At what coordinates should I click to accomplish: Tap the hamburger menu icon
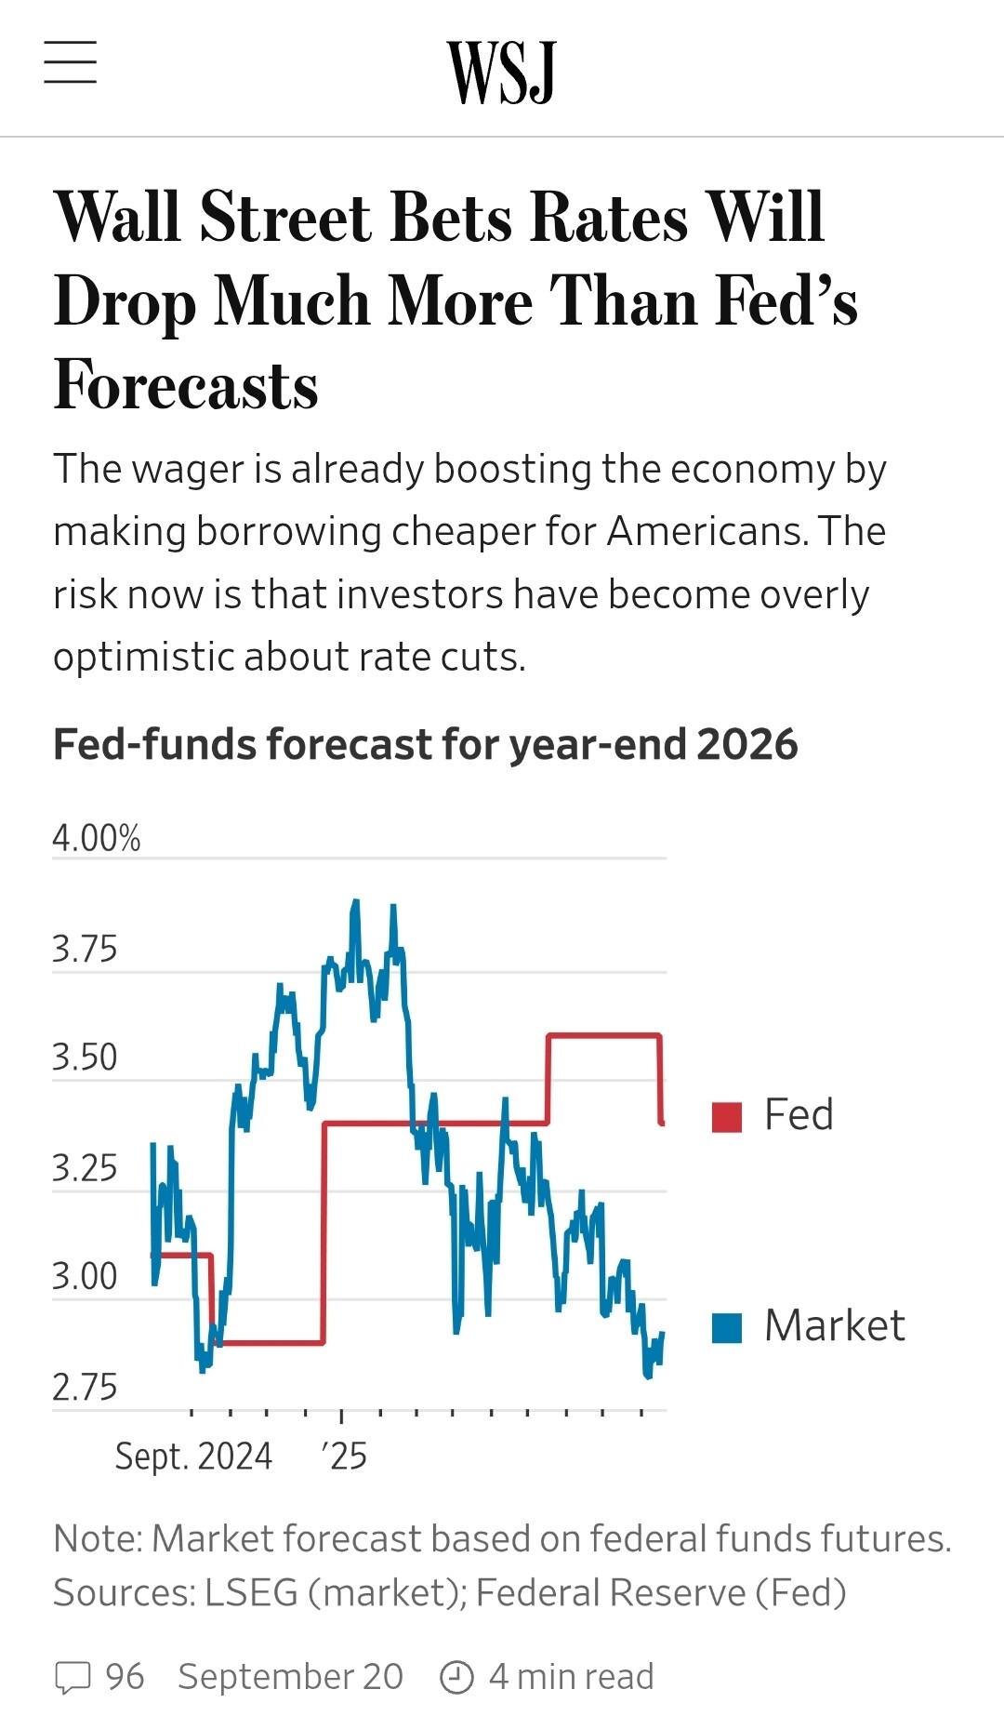tap(71, 62)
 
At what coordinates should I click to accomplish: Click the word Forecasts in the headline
tap(186, 385)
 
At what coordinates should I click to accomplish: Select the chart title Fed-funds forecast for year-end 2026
tap(425, 744)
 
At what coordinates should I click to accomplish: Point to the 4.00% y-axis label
tap(97, 838)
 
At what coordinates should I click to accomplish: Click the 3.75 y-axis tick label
tap(85, 950)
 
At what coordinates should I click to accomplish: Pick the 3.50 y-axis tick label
tap(85, 1058)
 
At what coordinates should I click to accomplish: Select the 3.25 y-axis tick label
tap(85, 1168)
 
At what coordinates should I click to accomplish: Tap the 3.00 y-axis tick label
tap(85, 1276)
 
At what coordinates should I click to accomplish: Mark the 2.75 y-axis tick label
tap(85, 1387)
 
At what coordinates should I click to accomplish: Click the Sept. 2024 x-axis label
tap(193, 1456)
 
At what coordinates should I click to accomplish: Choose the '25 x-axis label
tap(345, 1456)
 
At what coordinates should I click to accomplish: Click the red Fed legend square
tap(727, 1117)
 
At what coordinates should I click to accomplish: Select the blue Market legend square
tap(727, 1328)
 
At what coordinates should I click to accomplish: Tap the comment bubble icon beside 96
tap(73, 1677)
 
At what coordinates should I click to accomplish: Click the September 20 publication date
tap(290, 1676)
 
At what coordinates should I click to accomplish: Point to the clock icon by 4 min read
tap(456, 1677)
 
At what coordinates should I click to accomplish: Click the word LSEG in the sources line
tap(251, 1592)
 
